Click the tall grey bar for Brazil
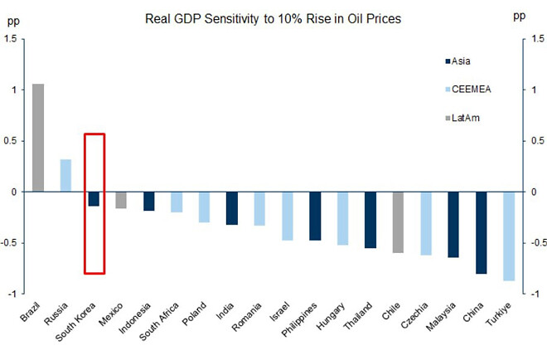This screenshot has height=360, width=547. tap(38, 138)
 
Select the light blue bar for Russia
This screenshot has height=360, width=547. tap(65, 175)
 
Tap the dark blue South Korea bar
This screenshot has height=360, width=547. tap(94, 199)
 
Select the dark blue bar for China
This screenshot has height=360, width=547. tap(481, 232)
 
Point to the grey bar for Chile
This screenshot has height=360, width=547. tap(398, 222)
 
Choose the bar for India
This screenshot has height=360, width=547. tap(232, 208)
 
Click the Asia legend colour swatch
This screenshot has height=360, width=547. tap(448, 61)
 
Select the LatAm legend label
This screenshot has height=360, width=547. tap(467, 118)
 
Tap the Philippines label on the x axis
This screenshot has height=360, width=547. tap(304, 320)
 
